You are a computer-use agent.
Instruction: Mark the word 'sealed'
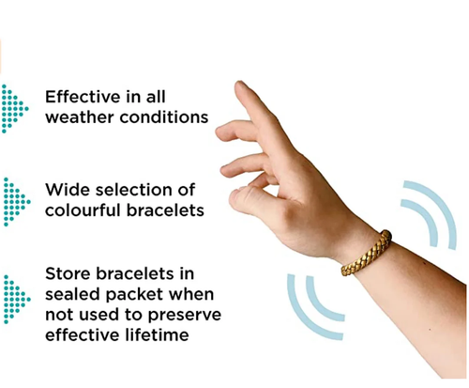point(75,297)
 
